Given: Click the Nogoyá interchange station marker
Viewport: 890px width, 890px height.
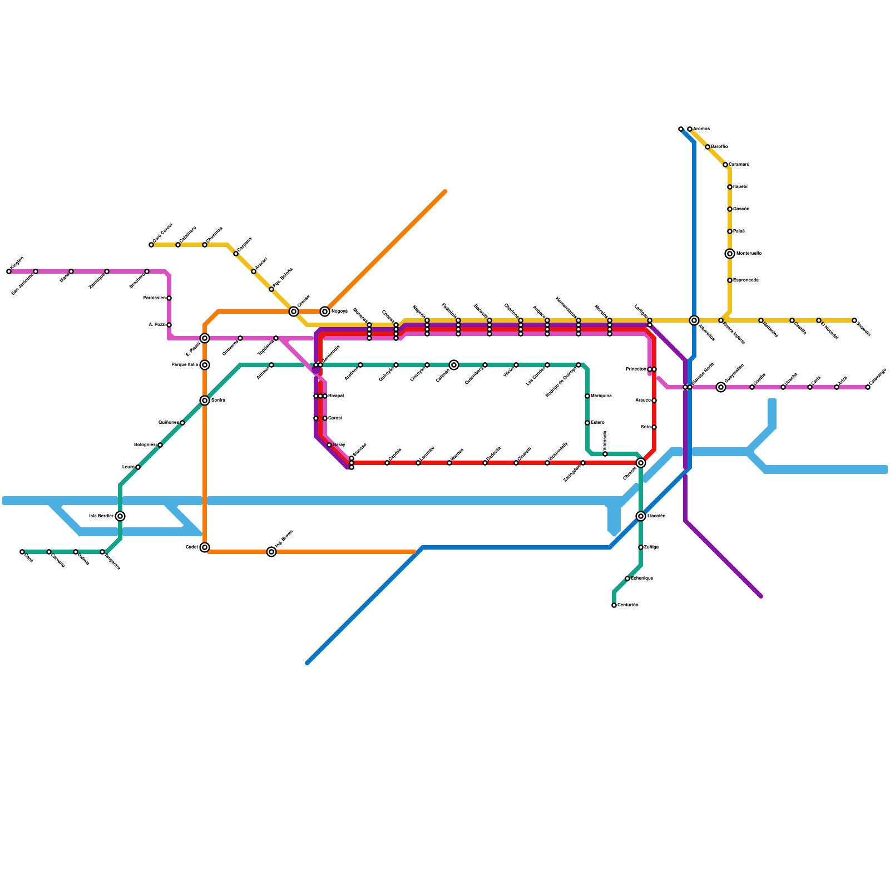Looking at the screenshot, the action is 325,311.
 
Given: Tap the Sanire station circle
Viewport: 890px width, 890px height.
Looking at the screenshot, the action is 205,400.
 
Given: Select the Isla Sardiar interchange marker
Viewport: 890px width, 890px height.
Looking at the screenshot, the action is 120,516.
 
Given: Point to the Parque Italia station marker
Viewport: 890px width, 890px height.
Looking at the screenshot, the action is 205,365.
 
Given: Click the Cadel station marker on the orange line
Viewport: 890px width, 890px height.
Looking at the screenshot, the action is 205,547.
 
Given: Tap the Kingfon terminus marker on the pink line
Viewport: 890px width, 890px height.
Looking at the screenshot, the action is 9,271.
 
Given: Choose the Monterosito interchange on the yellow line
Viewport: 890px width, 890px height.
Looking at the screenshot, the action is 730,254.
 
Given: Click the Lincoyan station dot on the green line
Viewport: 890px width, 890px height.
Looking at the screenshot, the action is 427,365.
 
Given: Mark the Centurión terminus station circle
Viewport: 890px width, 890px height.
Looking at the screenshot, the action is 614,605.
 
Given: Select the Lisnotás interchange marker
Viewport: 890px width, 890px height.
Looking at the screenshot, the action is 641,516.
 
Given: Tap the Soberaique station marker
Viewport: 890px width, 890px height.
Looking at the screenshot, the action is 627,578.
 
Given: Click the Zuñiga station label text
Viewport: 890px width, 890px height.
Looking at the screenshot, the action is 651,547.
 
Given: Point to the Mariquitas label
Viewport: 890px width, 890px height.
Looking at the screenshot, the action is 601,396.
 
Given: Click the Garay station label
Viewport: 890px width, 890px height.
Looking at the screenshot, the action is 339,445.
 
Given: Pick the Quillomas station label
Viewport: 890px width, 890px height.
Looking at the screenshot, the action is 169,423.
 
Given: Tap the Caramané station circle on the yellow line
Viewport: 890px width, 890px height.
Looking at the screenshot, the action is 725,165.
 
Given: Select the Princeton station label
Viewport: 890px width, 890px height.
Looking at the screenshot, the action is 636,369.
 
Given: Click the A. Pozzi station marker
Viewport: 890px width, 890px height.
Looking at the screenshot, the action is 169,325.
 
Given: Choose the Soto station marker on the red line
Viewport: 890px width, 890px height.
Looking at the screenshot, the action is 654,427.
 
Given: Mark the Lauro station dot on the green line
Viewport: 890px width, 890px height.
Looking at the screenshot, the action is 138,467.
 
